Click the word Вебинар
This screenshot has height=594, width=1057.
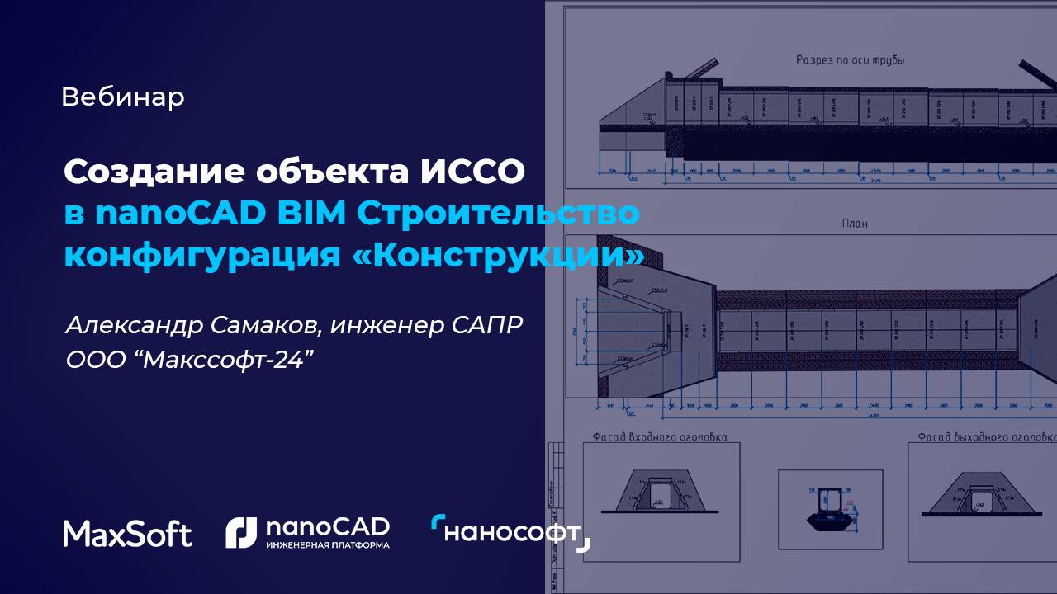pyautogui.click(x=123, y=97)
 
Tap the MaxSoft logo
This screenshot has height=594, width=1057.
pyautogui.click(x=127, y=534)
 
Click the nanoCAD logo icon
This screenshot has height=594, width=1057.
pyautogui.click(x=241, y=533)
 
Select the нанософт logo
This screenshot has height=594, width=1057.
pyautogui.click(x=510, y=533)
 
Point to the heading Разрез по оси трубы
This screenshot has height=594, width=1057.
pyautogui.click(x=850, y=60)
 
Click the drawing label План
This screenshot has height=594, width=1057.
pyautogui.click(x=854, y=224)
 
